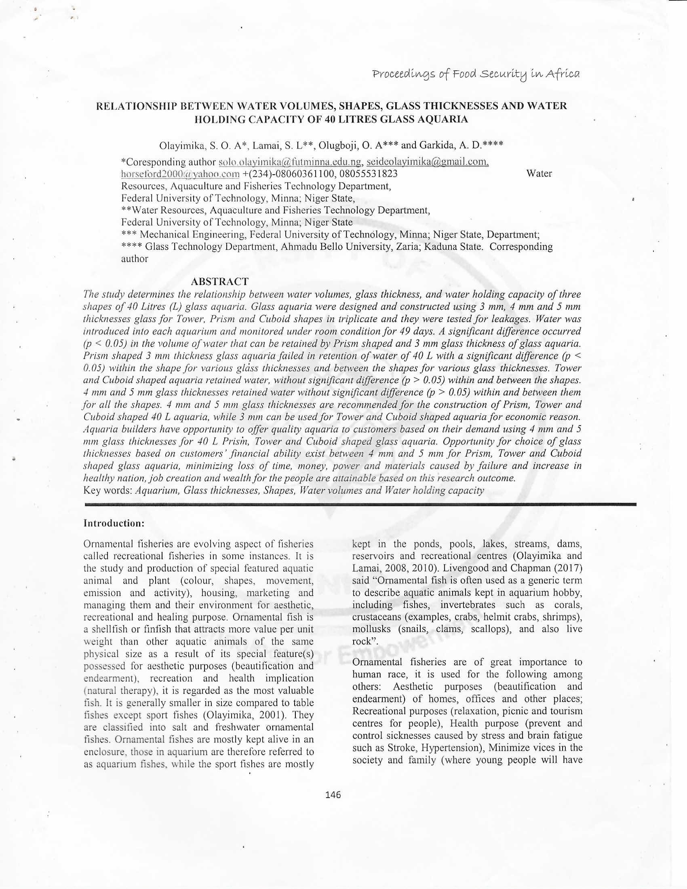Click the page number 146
click(x=333, y=794)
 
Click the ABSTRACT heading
click(x=219, y=281)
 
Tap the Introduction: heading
click(x=114, y=523)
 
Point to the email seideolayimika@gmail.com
click(x=427, y=162)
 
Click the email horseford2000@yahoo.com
click(x=180, y=174)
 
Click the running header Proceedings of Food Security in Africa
click(x=476, y=74)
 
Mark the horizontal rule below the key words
click(x=360, y=504)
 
